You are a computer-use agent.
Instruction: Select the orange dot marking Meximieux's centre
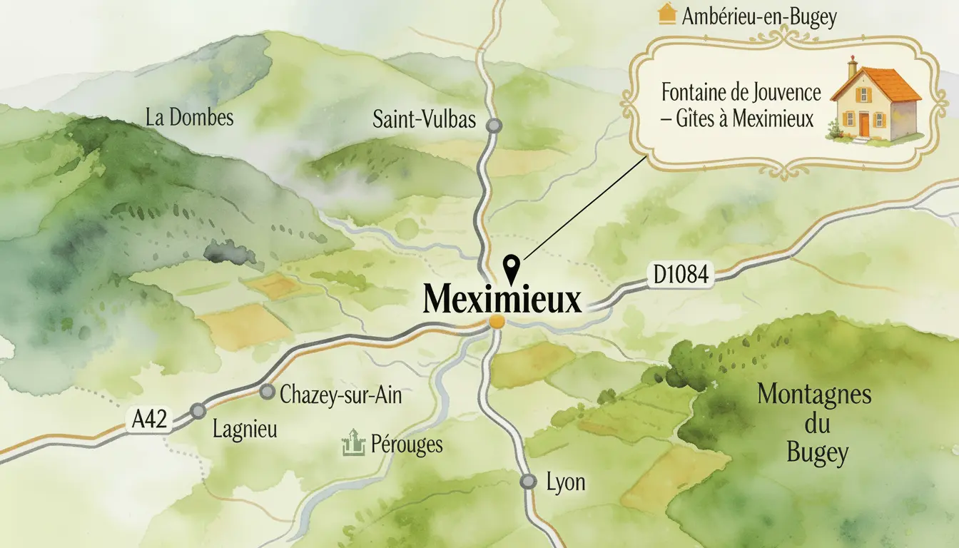(497, 323)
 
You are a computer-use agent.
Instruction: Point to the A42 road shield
(149, 420)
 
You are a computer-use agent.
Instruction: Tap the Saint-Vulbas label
(424, 120)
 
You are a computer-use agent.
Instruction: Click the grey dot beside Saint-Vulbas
(494, 126)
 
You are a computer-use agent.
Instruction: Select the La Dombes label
(189, 117)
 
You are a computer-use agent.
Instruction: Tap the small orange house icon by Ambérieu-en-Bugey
(666, 14)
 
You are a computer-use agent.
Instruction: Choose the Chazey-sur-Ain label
(341, 395)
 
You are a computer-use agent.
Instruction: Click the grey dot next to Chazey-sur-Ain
(268, 392)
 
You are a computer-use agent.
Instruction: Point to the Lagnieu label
(245, 430)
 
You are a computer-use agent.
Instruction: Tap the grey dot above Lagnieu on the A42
(198, 411)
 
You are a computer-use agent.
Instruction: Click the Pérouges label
(407, 445)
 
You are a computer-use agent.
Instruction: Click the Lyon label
(565, 482)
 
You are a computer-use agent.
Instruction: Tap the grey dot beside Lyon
(528, 482)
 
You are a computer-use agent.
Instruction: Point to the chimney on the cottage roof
(853, 66)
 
